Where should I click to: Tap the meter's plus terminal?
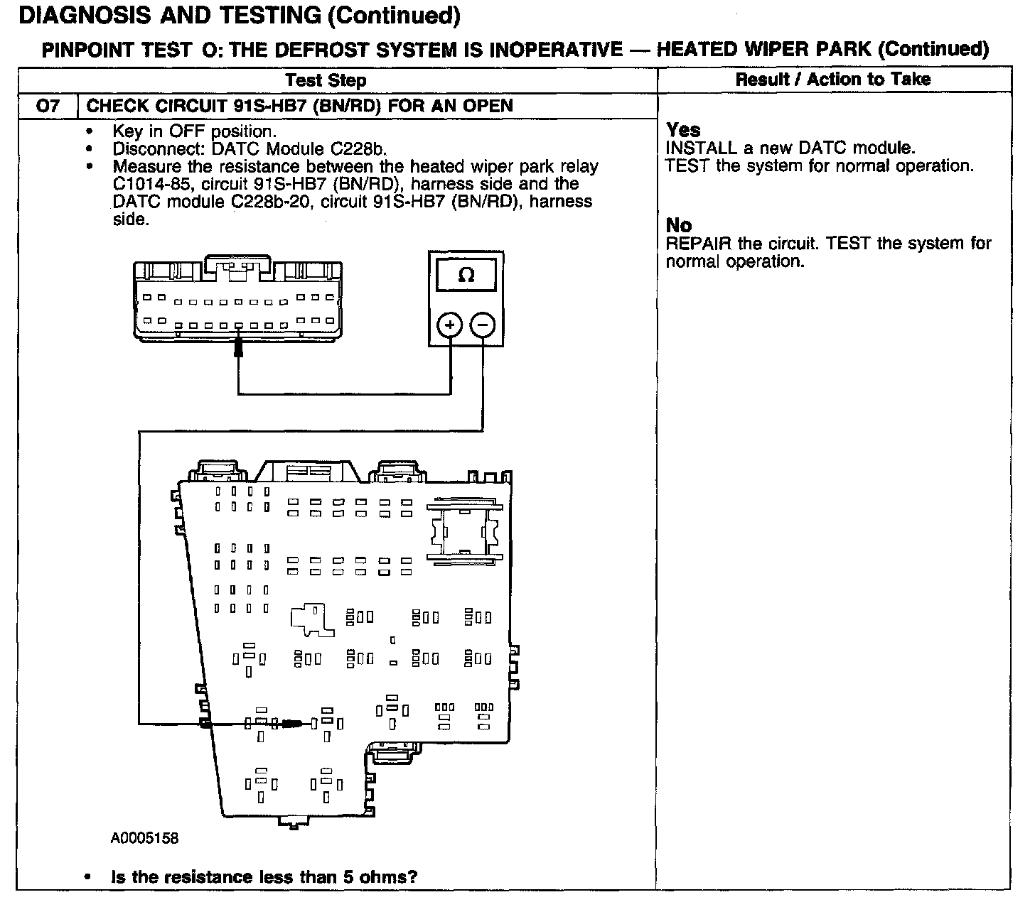coord(450,326)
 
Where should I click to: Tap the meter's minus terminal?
coord(483,326)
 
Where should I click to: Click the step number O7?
coord(47,107)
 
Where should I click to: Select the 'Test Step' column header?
coord(326,80)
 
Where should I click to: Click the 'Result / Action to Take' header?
coord(832,80)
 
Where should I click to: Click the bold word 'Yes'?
coord(683,130)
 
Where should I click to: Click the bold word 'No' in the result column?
coord(679,226)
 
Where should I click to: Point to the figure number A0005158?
coord(144,839)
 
